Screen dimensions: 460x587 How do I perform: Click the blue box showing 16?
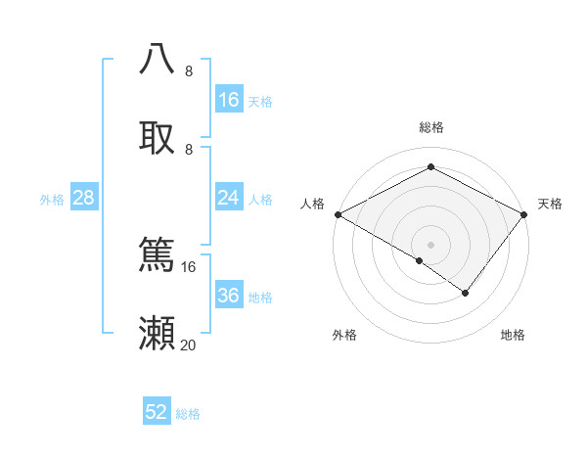coord(229,100)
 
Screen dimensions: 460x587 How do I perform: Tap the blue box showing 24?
coord(229,198)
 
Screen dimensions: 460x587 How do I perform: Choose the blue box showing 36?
coord(229,296)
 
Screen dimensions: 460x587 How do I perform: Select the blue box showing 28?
coord(84,198)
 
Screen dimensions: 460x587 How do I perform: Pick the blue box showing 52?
coord(157,413)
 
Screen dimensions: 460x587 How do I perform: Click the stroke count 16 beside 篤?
coord(189,266)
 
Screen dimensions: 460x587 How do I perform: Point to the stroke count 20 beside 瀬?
coord(189,345)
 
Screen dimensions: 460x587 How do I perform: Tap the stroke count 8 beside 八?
coord(189,70)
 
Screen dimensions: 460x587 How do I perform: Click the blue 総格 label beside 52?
coord(188,414)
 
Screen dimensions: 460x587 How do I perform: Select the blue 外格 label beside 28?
coord(52,199)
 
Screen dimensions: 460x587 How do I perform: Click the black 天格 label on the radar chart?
coord(550,204)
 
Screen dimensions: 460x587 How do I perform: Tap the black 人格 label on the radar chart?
coord(313,204)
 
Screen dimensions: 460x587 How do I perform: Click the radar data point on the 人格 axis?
coord(338,213)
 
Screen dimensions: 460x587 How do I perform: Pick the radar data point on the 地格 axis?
coord(466,293)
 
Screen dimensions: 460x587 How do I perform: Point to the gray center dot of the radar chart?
coord(430,244)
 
